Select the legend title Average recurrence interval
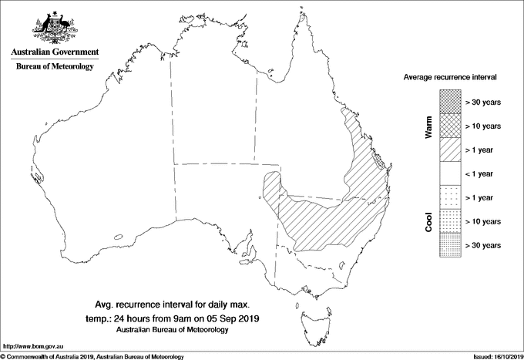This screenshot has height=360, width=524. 452,79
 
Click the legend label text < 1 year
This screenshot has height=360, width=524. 482,173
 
